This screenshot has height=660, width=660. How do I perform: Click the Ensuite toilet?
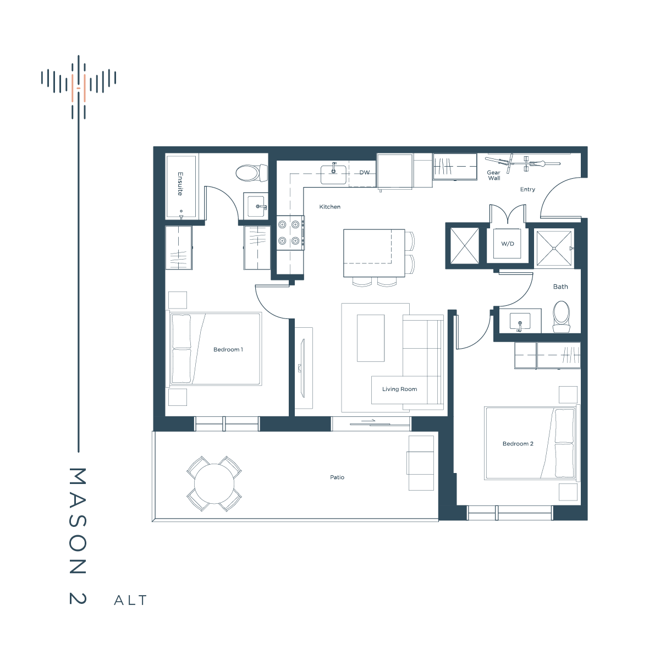252,173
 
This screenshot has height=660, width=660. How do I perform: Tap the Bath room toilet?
562,316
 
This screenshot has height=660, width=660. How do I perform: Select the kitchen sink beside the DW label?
333,174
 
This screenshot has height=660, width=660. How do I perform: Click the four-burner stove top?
290,233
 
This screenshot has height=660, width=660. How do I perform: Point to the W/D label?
507,244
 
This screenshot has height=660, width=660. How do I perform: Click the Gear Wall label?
493,175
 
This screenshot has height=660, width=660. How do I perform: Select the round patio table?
214,483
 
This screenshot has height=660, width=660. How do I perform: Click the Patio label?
337,477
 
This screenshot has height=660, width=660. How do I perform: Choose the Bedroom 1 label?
228,349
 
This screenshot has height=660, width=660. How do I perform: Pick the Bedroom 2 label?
518,443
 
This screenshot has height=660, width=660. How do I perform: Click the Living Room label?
400,389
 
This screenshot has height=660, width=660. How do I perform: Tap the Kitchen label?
330,207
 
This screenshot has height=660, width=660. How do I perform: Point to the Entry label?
527,189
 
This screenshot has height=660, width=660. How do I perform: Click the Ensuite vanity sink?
256,206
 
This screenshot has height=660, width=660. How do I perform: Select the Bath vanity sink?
520,321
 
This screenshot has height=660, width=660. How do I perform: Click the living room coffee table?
371,338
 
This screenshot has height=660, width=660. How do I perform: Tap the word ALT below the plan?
130,601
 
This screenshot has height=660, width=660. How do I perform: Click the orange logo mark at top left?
79,89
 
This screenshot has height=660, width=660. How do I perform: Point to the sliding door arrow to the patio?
368,421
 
